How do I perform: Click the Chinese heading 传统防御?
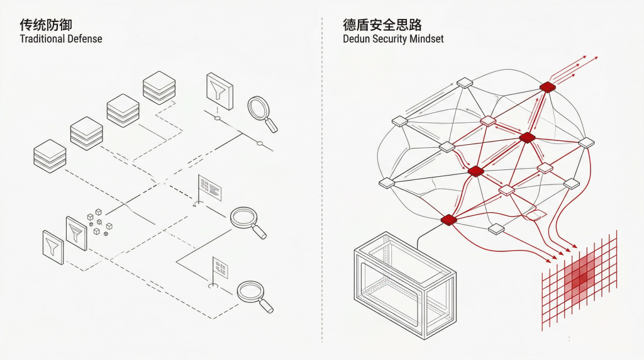coord(46,25)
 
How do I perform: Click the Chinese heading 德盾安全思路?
coord(382,25)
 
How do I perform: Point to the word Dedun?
coord(357,39)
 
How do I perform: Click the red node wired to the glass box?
coord(448,219)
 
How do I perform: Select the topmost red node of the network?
coord(547,87)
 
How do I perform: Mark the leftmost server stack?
coord(49,156)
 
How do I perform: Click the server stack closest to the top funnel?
coord(158,87)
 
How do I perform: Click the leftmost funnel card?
coord(52,247)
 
